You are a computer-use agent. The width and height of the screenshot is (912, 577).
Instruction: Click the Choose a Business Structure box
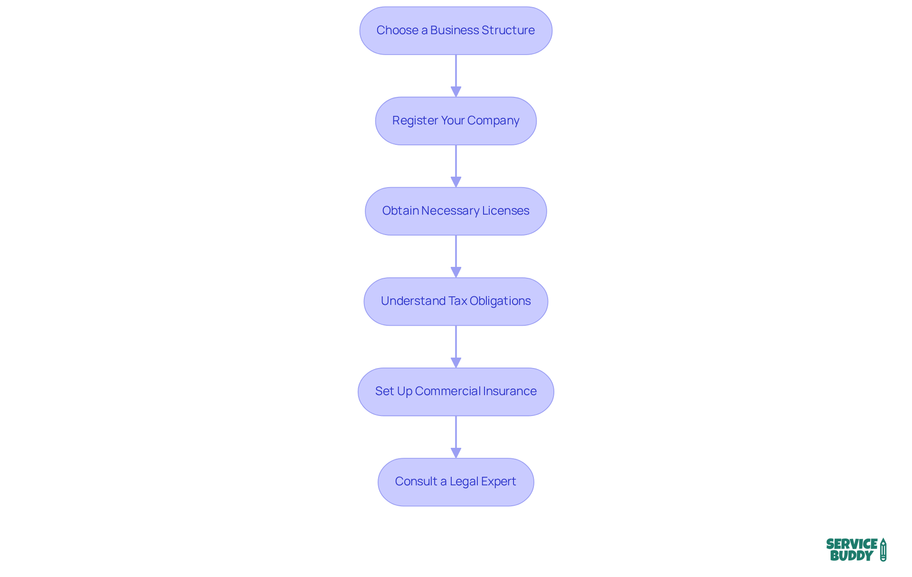pyautogui.click(x=456, y=30)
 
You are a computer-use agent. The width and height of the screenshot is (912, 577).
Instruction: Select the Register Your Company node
pyautogui.click(x=456, y=121)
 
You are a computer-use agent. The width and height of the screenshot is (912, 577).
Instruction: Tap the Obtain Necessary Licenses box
pyautogui.click(x=456, y=211)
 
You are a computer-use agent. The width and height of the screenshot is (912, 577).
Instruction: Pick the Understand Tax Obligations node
pyautogui.click(x=456, y=301)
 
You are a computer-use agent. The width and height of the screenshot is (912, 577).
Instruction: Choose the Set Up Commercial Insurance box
pyautogui.click(x=456, y=391)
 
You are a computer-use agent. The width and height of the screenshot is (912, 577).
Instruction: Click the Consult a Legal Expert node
pyautogui.click(x=456, y=482)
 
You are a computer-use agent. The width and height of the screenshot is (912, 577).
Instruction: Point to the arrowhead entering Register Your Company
pyautogui.click(x=456, y=91)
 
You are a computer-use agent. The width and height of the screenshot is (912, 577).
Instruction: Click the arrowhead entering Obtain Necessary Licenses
pyautogui.click(x=456, y=181)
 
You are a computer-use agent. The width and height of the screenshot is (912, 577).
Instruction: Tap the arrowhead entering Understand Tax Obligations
pyautogui.click(x=456, y=272)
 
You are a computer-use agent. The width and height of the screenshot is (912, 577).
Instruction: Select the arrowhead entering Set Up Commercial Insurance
pyautogui.click(x=456, y=362)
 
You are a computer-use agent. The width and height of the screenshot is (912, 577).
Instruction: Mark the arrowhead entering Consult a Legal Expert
pyautogui.click(x=456, y=452)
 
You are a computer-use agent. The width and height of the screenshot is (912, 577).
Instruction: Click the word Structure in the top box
pyautogui.click(x=508, y=30)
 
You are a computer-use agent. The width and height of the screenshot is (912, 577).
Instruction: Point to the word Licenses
pyautogui.click(x=505, y=211)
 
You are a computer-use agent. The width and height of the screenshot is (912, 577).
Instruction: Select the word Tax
pyautogui.click(x=458, y=301)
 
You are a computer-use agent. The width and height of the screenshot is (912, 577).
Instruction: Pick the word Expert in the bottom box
pyautogui.click(x=498, y=482)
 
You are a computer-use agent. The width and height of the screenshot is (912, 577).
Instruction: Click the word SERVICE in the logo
pyautogui.click(x=852, y=544)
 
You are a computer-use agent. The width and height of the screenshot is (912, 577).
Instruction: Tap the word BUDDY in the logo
pyautogui.click(x=852, y=556)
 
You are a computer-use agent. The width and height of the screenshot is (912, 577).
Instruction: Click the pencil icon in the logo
pyautogui.click(x=883, y=549)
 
